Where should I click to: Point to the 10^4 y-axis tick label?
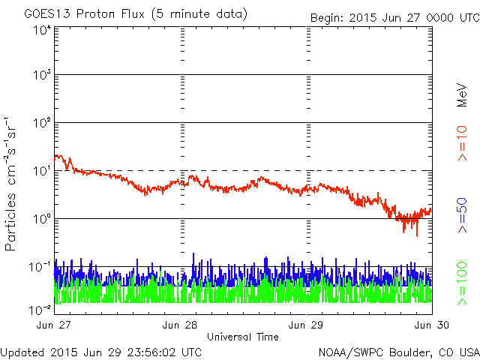tap(41, 30)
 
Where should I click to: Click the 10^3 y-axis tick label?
tap(41, 76)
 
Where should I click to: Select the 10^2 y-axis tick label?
tap(41, 123)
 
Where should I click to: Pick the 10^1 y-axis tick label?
tap(41, 171)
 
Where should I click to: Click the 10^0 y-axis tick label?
tap(41, 219)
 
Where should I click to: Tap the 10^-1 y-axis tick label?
tap(40, 267)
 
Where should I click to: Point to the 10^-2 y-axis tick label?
tap(40, 308)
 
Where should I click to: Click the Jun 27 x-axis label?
tap(54, 325)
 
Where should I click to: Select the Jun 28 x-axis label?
tap(180, 325)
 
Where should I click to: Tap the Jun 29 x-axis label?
tap(306, 325)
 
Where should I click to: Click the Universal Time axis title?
tap(242, 337)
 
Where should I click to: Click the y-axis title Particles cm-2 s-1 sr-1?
tap(11, 184)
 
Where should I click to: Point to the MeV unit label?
tap(463, 95)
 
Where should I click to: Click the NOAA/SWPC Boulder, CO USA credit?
tap(398, 351)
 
